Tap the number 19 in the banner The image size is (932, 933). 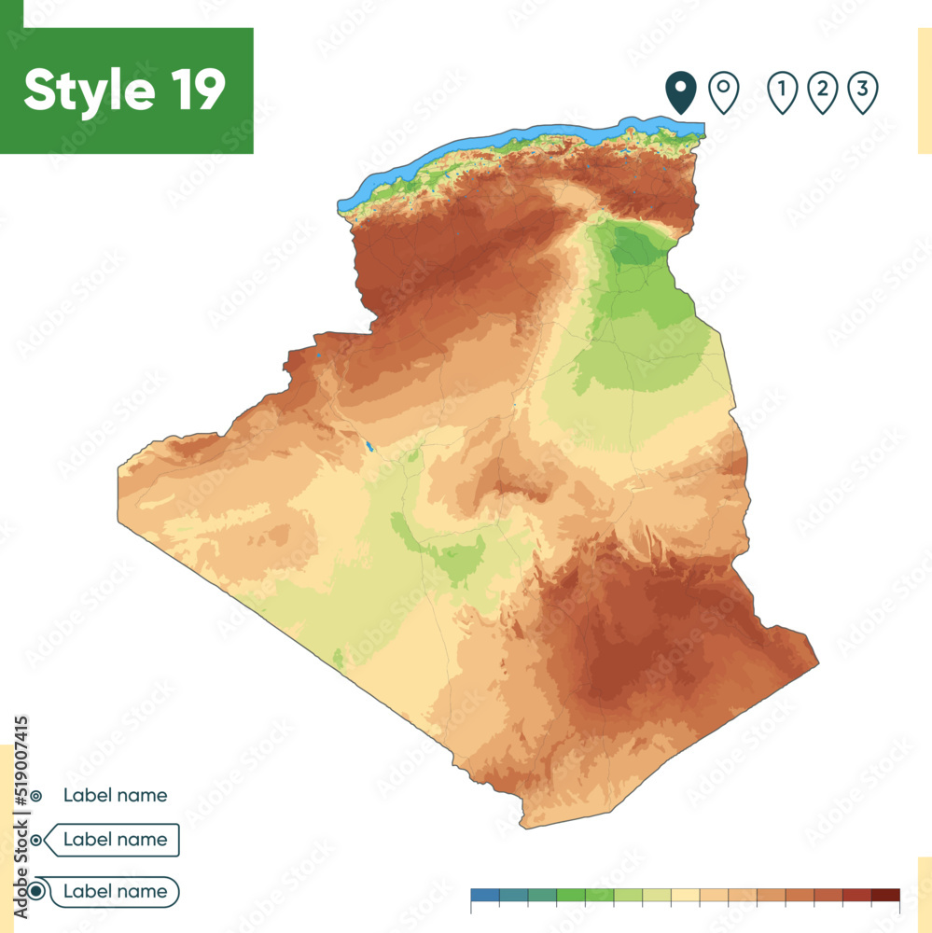198,91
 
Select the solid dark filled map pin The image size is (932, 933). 681,92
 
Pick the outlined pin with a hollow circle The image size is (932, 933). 724,92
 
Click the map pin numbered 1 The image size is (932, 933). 782,92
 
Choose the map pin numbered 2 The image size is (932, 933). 822,92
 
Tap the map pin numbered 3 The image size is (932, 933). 863,92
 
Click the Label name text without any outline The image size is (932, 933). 116,796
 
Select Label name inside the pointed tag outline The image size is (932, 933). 116,840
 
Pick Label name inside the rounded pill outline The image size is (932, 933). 116,892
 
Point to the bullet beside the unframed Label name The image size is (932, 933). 35,796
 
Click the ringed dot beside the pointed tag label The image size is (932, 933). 36,840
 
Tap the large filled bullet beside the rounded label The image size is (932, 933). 36,892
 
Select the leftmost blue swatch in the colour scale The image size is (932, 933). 485,895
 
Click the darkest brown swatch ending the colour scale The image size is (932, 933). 885,895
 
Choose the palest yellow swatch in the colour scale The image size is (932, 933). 686,895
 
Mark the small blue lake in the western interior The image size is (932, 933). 369,446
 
